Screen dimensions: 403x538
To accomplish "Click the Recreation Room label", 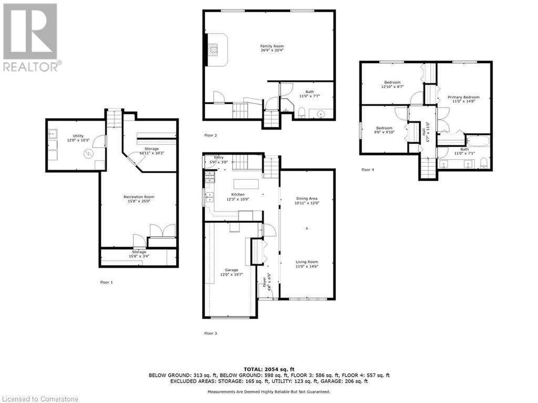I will click(x=139, y=199).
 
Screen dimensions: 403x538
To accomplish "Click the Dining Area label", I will click(x=307, y=200).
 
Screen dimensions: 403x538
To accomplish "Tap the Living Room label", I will click(x=307, y=264).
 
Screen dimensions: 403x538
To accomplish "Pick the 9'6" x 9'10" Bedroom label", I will click(x=384, y=131).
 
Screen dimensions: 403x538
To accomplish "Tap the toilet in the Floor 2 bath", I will click(x=302, y=112).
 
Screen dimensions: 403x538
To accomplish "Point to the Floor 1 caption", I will click(x=107, y=282).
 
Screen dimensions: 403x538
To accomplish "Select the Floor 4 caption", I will click(x=368, y=169).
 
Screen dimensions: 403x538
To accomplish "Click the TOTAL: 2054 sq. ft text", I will click(x=269, y=369).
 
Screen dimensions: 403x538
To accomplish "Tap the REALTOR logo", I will click(x=32, y=37).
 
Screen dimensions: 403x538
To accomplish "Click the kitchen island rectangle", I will click(x=246, y=184).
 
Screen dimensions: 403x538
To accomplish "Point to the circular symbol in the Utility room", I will click(x=89, y=153).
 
